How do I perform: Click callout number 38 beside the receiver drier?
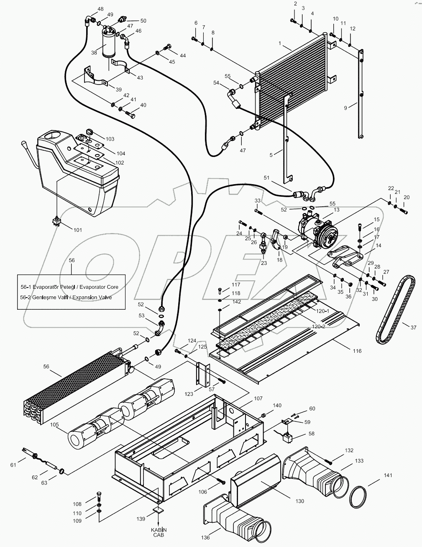[x=94, y=53]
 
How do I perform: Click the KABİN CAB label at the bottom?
[x=158, y=532]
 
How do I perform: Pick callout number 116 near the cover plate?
[x=356, y=351]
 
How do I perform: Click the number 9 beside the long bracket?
[x=345, y=108]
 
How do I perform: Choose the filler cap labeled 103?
[x=88, y=132]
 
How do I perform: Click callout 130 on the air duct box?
[x=299, y=501]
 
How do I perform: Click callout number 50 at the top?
[x=143, y=21]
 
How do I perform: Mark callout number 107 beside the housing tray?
[x=258, y=398]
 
